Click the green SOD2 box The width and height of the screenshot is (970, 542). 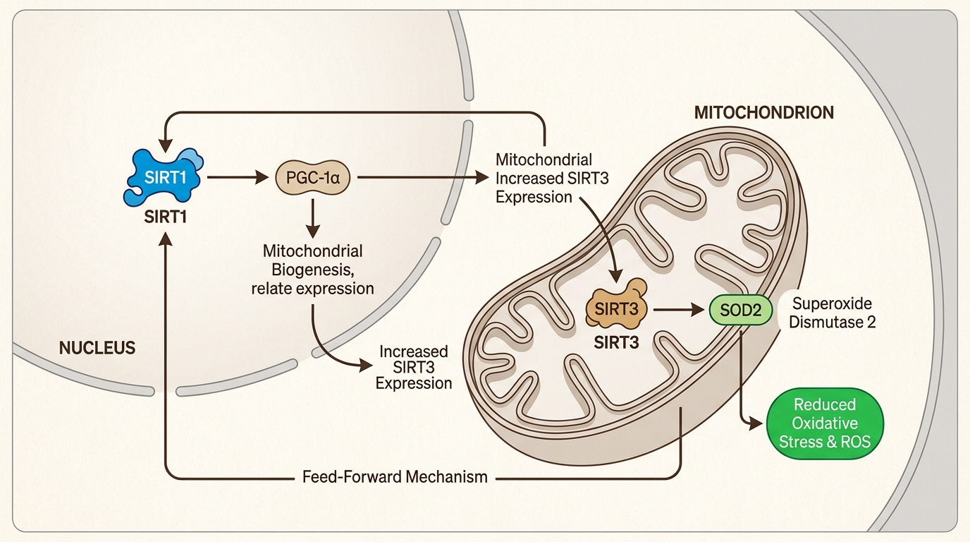click(740, 309)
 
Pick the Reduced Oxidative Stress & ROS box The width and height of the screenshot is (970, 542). click(824, 423)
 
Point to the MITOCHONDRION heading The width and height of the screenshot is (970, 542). click(764, 112)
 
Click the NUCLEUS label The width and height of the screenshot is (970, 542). click(97, 348)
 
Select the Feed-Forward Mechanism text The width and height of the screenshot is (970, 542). click(394, 476)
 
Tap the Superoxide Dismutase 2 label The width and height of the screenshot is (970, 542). click(832, 313)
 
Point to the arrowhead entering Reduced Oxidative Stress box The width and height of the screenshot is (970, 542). click(757, 424)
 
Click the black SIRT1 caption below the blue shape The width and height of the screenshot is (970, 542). click(165, 217)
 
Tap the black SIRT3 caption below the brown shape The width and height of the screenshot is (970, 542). click(617, 344)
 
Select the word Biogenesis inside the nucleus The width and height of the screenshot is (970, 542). click(312, 270)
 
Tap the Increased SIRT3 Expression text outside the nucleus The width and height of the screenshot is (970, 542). click(413, 367)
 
